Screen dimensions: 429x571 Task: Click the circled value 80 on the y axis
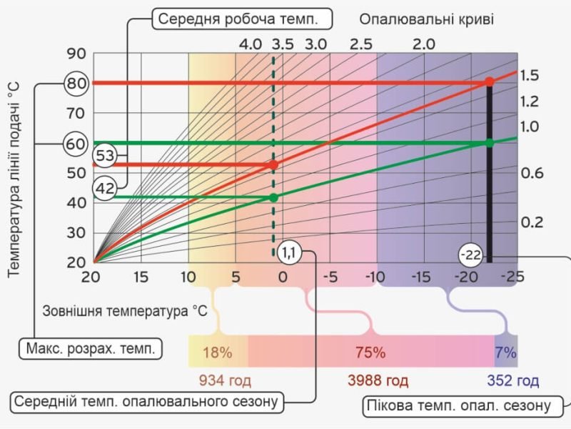[76, 83]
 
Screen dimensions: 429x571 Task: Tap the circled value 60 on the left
[76, 143]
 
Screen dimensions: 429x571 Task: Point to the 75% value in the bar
[370, 352]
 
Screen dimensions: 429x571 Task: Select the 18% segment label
[218, 352]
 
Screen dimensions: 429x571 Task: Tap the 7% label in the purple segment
[506, 352]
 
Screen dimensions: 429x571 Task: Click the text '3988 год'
[378, 380]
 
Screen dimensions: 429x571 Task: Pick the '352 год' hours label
[514, 380]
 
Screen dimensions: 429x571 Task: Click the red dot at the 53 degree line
[273, 164]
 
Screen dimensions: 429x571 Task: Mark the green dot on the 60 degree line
[490, 143]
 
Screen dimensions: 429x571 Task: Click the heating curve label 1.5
[529, 75]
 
